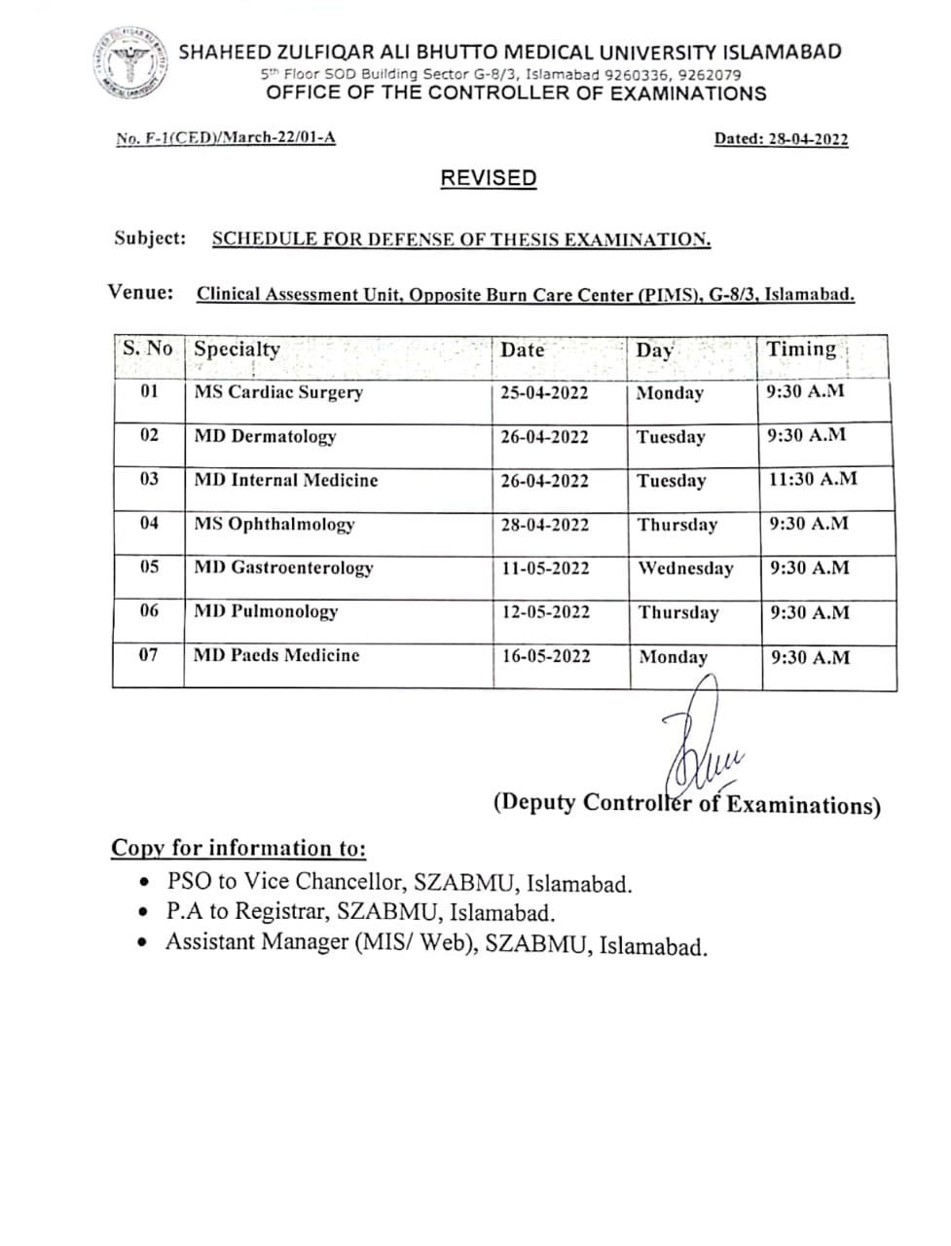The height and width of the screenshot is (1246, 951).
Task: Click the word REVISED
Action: click(x=489, y=178)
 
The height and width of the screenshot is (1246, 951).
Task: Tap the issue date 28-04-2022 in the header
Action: click(x=808, y=138)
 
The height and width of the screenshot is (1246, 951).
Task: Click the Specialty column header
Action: click(x=237, y=349)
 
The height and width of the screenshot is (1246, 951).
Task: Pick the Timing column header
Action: click(x=801, y=349)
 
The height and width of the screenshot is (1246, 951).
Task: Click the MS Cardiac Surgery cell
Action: click(x=278, y=392)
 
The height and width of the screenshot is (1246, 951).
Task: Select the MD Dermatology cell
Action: click(x=265, y=436)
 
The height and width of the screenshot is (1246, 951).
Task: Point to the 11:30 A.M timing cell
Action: click(x=813, y=479)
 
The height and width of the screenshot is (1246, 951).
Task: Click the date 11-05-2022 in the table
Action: click(x=545, y=568)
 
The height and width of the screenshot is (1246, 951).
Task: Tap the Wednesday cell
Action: click(x=685, y=568)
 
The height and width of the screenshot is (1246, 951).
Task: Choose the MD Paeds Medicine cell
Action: click(x=276, y=655)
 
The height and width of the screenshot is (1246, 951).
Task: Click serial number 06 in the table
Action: click(x=149, y=611)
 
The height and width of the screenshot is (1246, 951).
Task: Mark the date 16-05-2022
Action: click(x=546, y=656)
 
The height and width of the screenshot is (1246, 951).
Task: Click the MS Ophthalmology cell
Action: click(x=274, y=524)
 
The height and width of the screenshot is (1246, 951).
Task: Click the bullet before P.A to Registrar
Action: click(x=144, y=913)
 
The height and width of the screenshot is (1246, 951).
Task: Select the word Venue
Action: click(x=141, y=292)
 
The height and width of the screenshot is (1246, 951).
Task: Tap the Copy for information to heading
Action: click(x=238, y=848)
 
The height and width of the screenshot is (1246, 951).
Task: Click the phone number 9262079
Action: click(x=710, y=74)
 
